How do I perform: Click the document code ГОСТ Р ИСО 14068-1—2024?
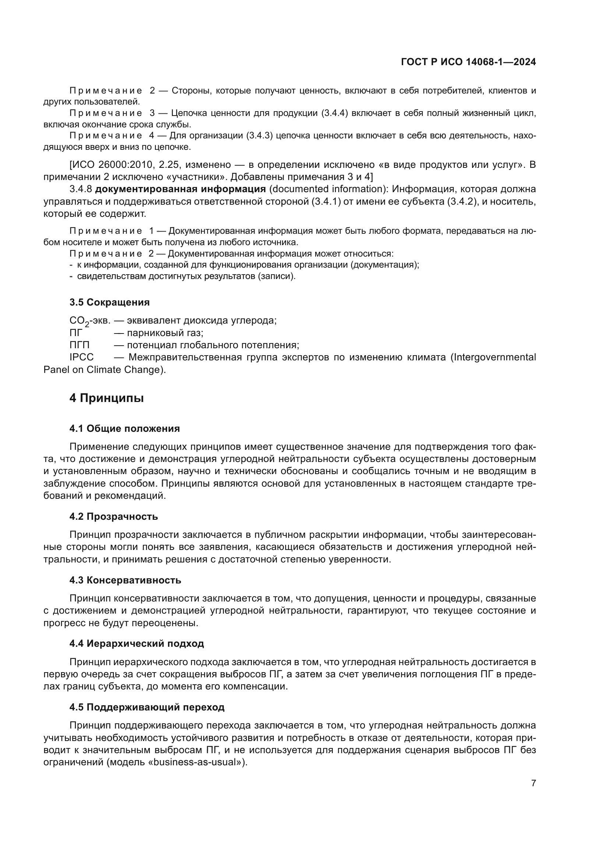468,62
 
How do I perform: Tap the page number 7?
533,783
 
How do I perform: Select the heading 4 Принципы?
106,398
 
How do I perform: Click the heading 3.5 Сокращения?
109,302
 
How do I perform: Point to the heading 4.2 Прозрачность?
114,516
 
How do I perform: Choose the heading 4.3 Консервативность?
125,580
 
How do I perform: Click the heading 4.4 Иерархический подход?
137,643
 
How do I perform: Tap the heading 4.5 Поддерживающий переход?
147,707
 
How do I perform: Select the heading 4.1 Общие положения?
124,428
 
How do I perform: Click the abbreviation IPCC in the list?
81,357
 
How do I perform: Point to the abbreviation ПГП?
80,345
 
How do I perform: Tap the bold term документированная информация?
180,189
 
